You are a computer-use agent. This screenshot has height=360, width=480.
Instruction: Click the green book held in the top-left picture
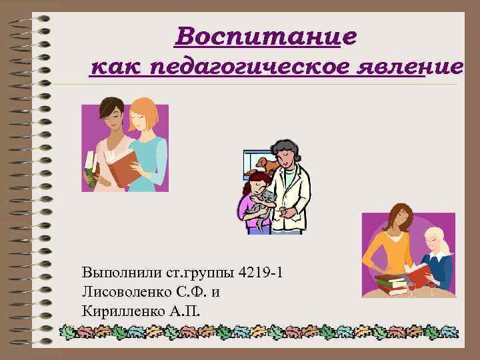89,170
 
